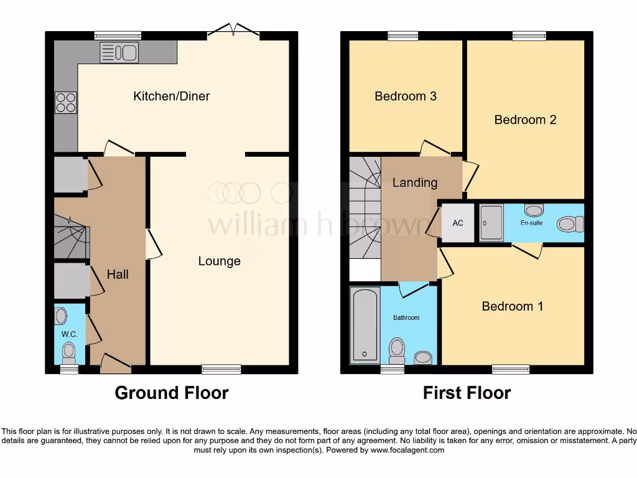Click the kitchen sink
(x=119, y=53)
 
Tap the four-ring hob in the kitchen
(x=65, y=103)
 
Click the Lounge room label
(x=219, y=261)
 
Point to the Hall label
(x=118, y=273)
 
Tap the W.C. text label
(x=68, y=334)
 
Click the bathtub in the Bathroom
(x=365, y=324)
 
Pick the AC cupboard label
(x=458, y=223)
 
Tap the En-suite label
(x=531, y=222)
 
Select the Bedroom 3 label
(x=405, y=96)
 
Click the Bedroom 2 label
(x=525, y=119)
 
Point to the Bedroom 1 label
(x=512, y=306)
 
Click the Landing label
(x=414, y=182)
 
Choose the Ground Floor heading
(x=172, y=393)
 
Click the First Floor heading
(x=467, y=393)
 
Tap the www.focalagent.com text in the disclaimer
(x=408, y=450)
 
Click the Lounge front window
(x=221, y=370)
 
